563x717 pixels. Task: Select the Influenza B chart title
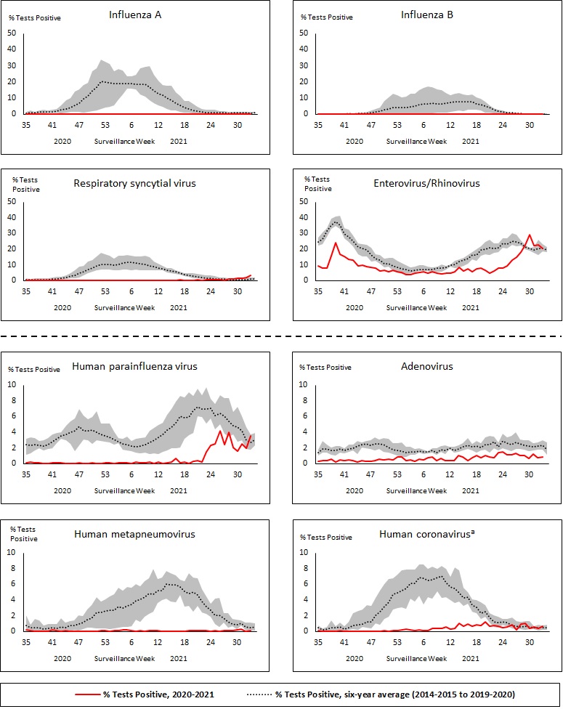click(x=427, y=15)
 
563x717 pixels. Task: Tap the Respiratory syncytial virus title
click(x=135, y=183)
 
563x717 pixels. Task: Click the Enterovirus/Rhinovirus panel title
click(x=427, y=183)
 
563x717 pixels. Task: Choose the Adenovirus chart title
click(x=427, y=366)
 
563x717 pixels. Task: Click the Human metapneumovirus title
click(x=135, y=535)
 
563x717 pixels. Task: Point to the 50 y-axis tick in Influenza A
click(x=11, y=33)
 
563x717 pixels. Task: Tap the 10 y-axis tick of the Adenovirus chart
click(x=302, y=384)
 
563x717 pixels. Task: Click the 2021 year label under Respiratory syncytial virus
click(x=179, y=307)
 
